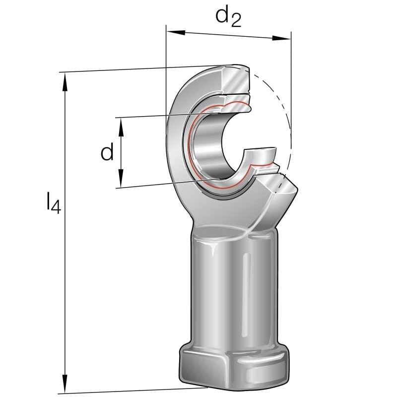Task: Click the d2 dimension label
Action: pyautogui.click(x=228, y=17)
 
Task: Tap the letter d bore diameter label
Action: pyautogui.click(x=107, y=152)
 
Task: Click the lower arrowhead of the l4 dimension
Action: pyautogui.click(x=64, y=385)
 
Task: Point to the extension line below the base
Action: pyautogui.click(x=124, y=391)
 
